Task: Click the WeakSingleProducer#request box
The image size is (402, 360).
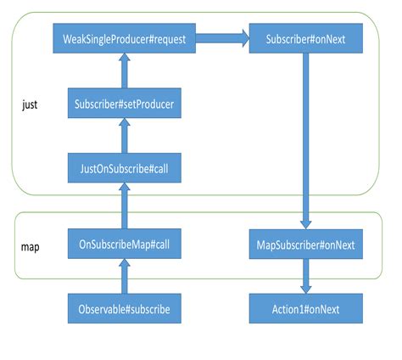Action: (124, 39)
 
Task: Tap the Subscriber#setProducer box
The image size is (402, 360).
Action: (125, 105)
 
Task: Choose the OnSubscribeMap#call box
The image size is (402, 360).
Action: (125, 245)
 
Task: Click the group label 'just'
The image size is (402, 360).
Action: (30, 106)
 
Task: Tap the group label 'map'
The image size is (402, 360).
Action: (31, 250)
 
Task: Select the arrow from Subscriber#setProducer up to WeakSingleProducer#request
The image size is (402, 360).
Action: (125, 70)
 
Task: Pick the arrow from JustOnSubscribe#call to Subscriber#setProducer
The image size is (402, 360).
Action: (125, 136)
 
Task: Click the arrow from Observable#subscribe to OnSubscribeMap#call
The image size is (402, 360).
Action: (125, 276)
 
